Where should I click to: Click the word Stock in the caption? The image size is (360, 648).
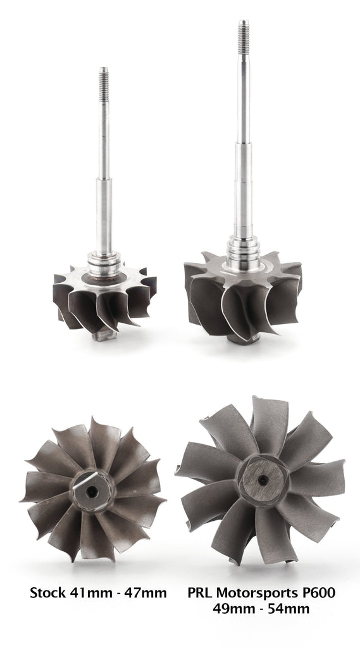click(48, 593)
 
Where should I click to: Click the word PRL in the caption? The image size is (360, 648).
click(201, 593)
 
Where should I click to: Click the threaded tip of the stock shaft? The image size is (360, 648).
click(104, 78)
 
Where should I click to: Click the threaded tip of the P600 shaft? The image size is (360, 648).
click(244, 32)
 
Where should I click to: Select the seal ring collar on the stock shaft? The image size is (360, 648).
click(104, 260)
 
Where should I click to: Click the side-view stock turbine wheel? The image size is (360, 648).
click(104, 301)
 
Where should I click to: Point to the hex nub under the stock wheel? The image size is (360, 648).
click(104, 336)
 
